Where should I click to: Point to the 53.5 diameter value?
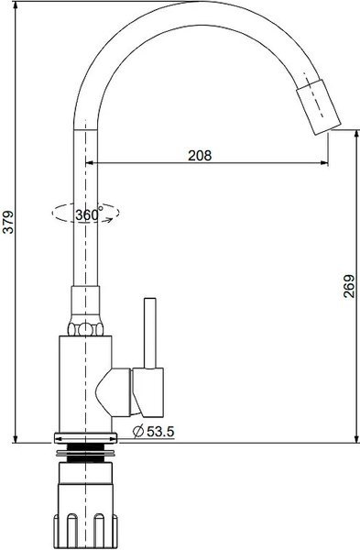coord(158,431)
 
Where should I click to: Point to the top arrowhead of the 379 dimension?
coord(17,7)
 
